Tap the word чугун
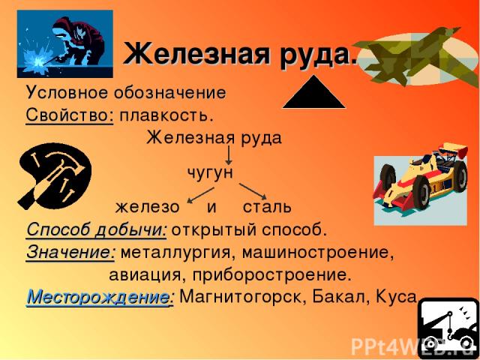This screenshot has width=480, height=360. pos(210,173)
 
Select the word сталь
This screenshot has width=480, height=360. pos(267,207)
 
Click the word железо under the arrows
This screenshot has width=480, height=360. pos(147,207)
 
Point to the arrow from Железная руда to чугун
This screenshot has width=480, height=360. pos(228,155)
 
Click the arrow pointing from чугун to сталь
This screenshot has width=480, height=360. pos(253,191)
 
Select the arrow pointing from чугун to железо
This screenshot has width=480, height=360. pos(200,195)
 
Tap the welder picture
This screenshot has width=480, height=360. pos(65,43)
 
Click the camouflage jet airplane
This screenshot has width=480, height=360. pos(417,57)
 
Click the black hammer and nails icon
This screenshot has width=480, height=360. pos(55,176)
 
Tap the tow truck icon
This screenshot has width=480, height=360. pos(448,329)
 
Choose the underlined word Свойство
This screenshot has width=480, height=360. pos(70,116)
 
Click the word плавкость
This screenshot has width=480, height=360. pos(166,117)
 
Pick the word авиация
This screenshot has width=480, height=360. pos(147,275)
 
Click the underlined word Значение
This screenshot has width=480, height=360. pos(70,253)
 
